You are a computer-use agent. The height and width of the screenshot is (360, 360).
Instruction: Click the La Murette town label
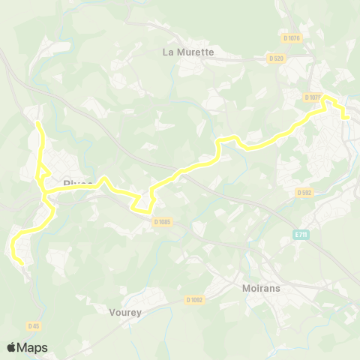click(x=188, y=52)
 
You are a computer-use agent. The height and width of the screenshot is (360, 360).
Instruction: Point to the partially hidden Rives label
click(x=78, y=182)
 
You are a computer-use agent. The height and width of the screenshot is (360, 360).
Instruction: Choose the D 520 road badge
click(x=277, y=58)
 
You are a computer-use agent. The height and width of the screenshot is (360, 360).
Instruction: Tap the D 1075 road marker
click(x=313, y=97)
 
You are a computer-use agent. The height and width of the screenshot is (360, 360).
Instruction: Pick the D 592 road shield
click(x=304, y=193)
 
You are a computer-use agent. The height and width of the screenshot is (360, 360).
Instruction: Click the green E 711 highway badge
click(x=301, y=235)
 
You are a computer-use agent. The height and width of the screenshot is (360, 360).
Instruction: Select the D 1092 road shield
click(x=196, y=301)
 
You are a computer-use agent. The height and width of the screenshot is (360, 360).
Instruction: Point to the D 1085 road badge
click(x=162, y=221)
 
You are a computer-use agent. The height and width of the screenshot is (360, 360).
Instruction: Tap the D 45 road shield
click(x=33, y=326)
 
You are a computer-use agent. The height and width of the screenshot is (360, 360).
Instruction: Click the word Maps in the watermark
click(x=34, y=347)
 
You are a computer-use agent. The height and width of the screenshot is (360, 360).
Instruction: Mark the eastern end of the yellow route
click(x=349, y=118)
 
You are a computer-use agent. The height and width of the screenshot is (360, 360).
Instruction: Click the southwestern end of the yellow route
click(x=21, y=260)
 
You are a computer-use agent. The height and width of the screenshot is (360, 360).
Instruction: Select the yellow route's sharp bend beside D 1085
click(x=139, y=210)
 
